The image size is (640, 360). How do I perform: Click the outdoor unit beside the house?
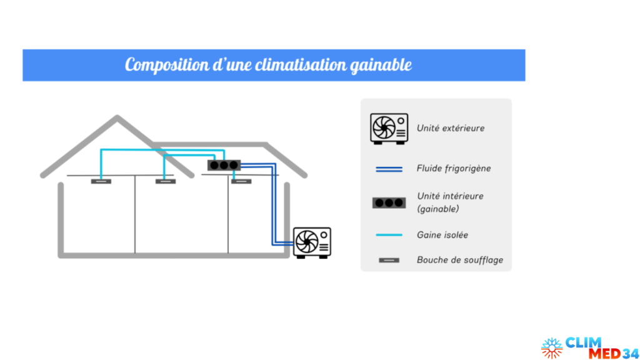312,242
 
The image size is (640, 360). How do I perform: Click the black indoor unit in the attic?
223,166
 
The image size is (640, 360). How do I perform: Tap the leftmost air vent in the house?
101,182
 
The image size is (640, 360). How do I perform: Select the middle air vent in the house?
165,182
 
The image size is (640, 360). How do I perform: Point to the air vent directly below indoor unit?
241,182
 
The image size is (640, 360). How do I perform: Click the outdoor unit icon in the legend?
388,129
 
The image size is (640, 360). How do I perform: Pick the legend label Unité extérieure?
450,128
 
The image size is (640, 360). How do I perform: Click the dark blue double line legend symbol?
388,169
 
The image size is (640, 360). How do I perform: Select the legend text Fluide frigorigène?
453,169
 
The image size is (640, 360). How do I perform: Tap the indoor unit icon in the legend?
388,203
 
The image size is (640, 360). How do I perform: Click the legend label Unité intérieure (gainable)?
450,202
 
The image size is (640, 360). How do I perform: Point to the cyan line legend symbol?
388,235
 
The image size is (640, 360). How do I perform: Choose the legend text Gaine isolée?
442,235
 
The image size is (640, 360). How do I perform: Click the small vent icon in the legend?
388,260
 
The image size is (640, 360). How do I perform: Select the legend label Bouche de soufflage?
459,260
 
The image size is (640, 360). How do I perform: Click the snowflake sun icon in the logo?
552,348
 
